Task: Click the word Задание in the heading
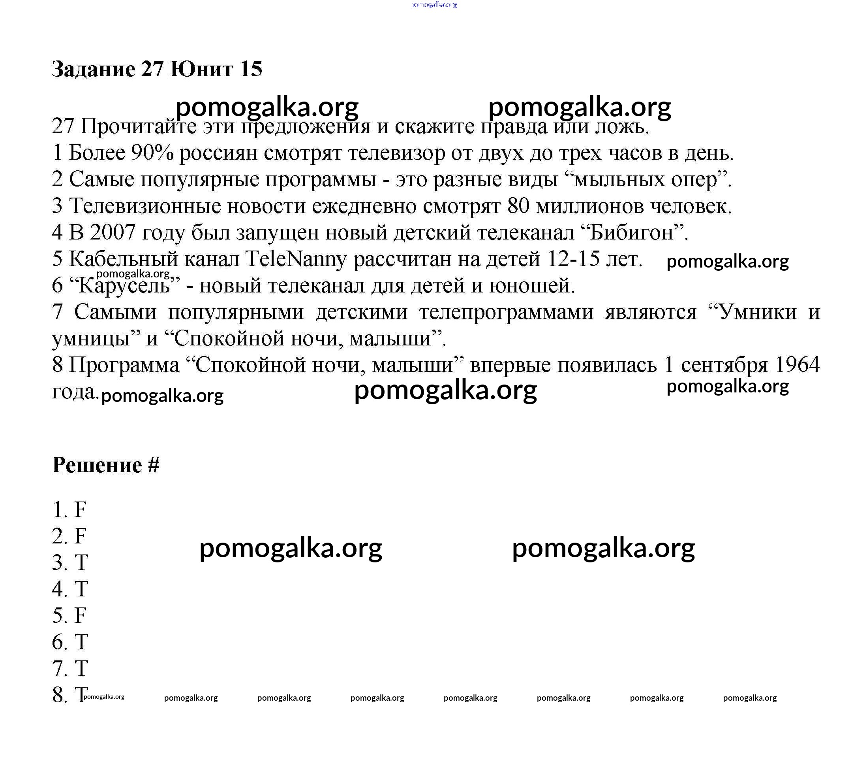point(93,69)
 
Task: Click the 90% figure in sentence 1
point(152,153)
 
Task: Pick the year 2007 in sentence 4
point(112,232)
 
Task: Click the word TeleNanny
point(295,259)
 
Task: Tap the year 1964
point(797,365)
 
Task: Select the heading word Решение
point(97,465)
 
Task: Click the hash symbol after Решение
point(154,465)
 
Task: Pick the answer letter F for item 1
point(80,509)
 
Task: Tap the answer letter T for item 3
point(81,562)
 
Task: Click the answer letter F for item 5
point(80,615)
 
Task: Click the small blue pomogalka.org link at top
point(433,5)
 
